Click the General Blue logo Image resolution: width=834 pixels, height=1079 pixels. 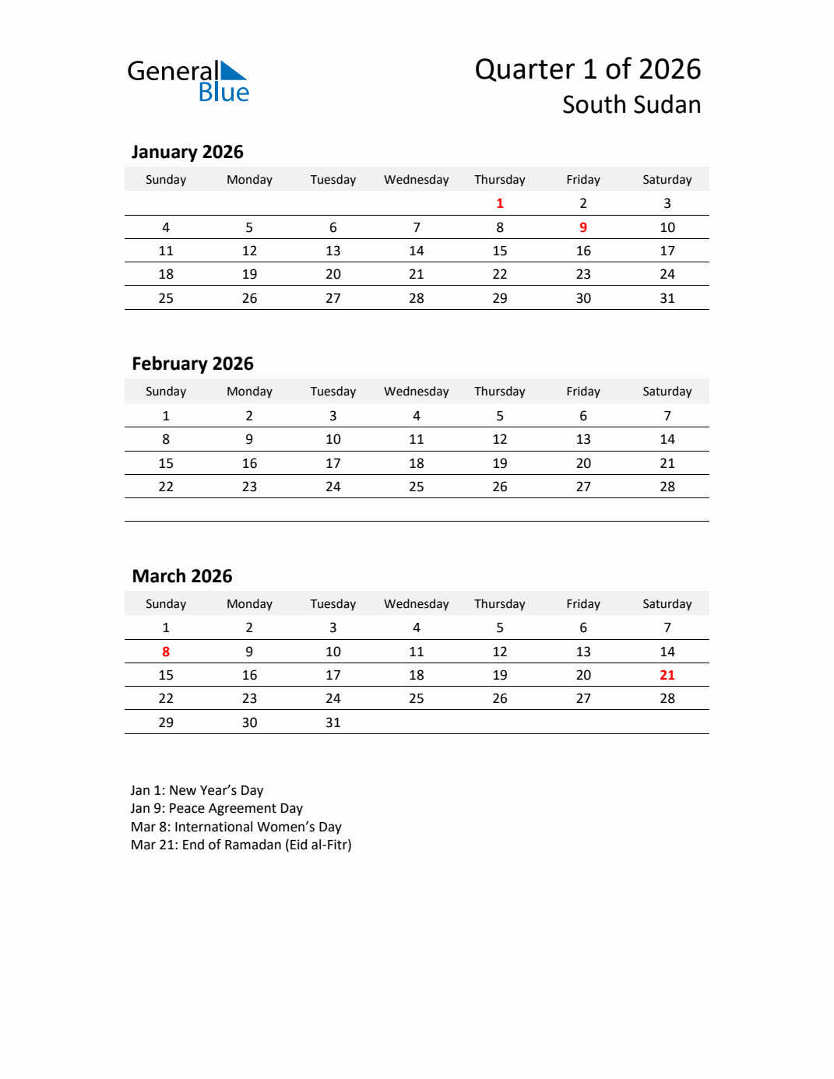[x=188, y=81]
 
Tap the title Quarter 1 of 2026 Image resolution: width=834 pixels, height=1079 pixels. [x=587, y=69]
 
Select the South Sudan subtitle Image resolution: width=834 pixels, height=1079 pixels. [x=631, y=105]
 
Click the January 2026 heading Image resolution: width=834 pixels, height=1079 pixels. [x=187, y=152]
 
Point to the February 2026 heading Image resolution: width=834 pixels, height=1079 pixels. [x=192, y=364]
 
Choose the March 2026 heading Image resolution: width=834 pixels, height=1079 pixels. [x=182, y=576]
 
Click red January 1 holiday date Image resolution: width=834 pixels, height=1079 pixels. [x=500, y=203]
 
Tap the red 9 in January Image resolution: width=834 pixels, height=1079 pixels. [x=583, y=227]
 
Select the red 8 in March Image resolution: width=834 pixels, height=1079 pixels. [x=166, y=652]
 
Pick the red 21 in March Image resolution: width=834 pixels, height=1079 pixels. [x=667, y=675]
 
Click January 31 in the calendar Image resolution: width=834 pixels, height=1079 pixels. [x=667, y=298]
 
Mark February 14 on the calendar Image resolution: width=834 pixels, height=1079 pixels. [x=667, y=439]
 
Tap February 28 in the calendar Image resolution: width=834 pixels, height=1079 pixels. [x=667, y=487]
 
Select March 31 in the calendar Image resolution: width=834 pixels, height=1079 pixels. [x=333, y=722]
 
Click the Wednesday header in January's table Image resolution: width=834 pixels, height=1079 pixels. [x=417, y=180]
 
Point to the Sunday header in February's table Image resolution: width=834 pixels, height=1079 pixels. [x=166, y=392]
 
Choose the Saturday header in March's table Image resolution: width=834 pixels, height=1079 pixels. [x=667, y=604]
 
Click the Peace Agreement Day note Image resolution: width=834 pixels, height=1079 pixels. [x=216, y=808]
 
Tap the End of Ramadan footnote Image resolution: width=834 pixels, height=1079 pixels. [x=241, y=845]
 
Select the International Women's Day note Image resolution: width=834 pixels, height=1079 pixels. [x=236, y=827]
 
